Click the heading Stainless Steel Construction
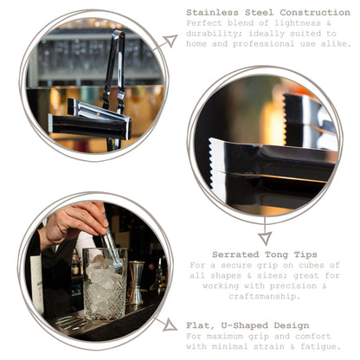(268, 12)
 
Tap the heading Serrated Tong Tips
(265, 254)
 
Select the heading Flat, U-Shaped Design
(247, 325)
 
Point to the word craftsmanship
(263, 297)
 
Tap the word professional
(263, 44)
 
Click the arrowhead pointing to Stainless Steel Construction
(171, 41)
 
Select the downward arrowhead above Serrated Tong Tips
(265, 238)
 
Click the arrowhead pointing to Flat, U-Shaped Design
(170, 325)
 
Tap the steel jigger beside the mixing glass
(136, 282)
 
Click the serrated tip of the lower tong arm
(213, 163)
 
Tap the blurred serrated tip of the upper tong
(285, 119)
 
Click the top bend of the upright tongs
(119, 35)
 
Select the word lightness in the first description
(298, 23)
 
